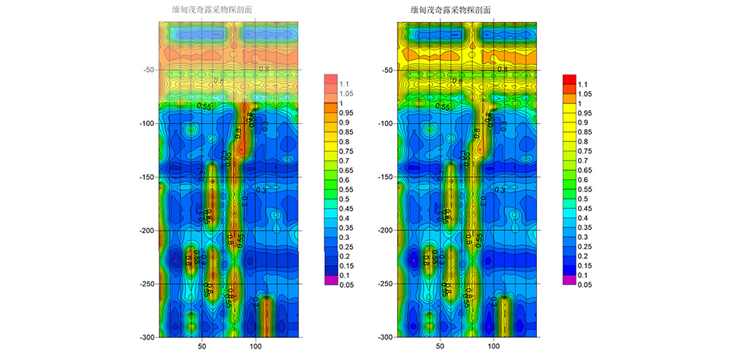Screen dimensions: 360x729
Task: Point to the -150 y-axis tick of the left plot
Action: coord(147,177)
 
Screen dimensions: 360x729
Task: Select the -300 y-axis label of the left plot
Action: coord(147,337)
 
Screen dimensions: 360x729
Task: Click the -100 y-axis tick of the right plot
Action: coord(386,123)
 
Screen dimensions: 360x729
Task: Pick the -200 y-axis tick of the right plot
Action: coord(386,230)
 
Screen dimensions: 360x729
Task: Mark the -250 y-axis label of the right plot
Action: coord(386,284)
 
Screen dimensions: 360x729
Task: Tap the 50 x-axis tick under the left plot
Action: coord(202,347)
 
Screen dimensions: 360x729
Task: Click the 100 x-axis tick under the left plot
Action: coord(256,347)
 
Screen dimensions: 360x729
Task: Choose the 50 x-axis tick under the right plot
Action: coord(440,347)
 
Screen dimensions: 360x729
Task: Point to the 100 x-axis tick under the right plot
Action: coord(494,347)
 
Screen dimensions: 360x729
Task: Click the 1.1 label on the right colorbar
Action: coord(584,84)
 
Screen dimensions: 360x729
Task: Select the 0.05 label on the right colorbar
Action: coord(586,284)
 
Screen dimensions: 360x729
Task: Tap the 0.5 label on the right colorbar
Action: coord(584,199)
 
